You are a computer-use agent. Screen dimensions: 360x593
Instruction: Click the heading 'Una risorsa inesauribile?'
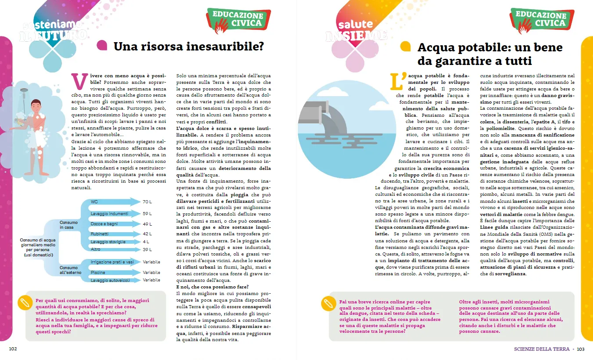coord(188,46)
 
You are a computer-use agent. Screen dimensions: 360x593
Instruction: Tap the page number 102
coord(13,349)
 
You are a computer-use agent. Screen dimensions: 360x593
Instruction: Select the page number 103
coord(580,349)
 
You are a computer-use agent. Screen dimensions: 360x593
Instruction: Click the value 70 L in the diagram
coord(147,202)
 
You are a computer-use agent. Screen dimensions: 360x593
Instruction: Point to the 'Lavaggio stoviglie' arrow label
coord(108,242)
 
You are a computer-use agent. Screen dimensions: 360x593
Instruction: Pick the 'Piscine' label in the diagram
coord(98,273)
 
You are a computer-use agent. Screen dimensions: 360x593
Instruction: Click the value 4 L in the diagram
coord(146,242)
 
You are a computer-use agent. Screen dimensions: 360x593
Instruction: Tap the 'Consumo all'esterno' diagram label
coord(69,270)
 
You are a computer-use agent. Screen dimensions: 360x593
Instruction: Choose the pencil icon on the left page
coord(25,302)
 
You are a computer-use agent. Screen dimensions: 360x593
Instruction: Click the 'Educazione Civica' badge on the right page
coord(541,19)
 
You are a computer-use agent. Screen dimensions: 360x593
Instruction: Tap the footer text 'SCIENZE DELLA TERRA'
coord(542,349)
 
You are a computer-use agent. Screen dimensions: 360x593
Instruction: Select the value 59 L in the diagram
coord(147,214)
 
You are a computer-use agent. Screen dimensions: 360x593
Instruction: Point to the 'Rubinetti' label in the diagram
coord(100,234)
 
